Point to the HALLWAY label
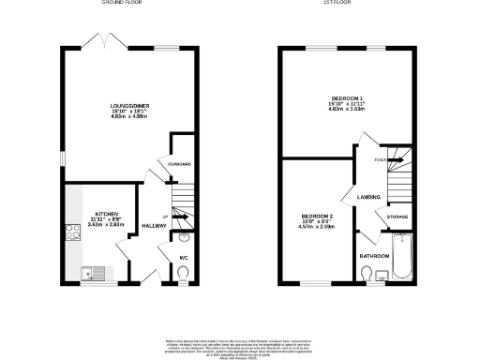tap(153, 226)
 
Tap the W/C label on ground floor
tap(184, 257)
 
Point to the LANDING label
tap(367, 196)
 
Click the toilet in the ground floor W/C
tap(184, 273)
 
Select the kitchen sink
tap(90, 274)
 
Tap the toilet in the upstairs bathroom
tap(367, 274)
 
